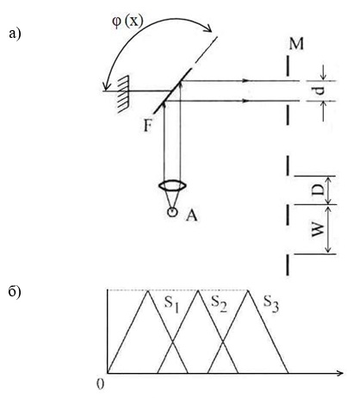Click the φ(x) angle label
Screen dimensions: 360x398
point(127,22)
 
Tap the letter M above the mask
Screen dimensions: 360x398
point(296,44)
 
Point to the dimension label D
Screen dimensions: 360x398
point(318,190)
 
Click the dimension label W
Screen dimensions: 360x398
point(318,229)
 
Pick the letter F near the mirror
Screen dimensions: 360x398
point(147,126)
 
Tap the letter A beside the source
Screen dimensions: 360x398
point(191,215)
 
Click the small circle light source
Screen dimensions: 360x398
point(172,212)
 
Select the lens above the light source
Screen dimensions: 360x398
point(172,185)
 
